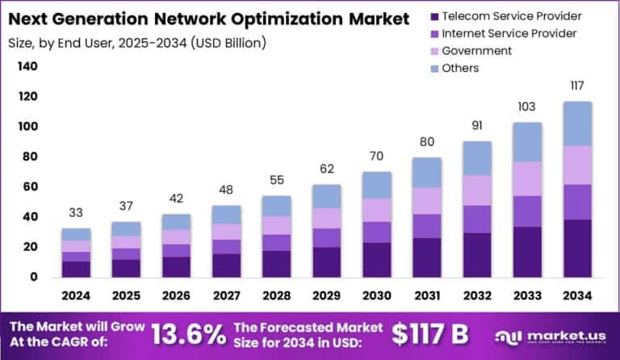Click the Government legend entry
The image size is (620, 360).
click(476, 51)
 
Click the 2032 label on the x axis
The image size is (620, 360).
click(477, 295)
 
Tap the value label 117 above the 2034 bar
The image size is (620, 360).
click(576, 86)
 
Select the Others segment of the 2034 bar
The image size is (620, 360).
click(577, 123)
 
